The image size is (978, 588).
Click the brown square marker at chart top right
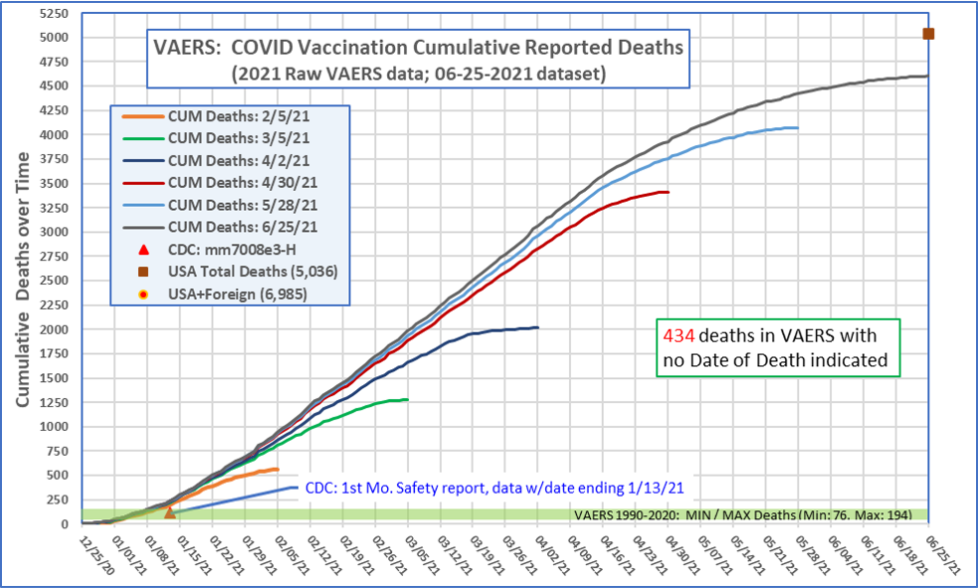point(928,34)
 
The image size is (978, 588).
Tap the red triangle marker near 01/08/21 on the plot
point(170,512)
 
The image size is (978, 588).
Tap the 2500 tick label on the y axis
point(55,281)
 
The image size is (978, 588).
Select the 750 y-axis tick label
point(59,451)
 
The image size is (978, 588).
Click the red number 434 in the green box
point(675,336)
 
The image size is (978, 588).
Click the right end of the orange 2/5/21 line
point(278,470)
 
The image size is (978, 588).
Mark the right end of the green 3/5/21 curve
point(407,400)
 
